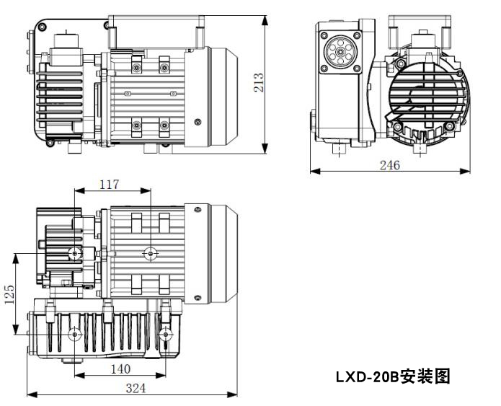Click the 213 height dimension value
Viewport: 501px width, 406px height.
pos(257,84)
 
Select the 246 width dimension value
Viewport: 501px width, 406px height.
pos(390,164)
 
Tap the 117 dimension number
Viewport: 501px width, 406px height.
pos(110,185)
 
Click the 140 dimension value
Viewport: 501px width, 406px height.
pos(120,369)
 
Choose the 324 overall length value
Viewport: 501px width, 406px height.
pos(135,388)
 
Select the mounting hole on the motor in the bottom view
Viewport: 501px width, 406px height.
pos(150,253)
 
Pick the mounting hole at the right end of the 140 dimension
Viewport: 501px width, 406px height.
pos(167,335)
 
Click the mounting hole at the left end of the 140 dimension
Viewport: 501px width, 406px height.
pos(74,335)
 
